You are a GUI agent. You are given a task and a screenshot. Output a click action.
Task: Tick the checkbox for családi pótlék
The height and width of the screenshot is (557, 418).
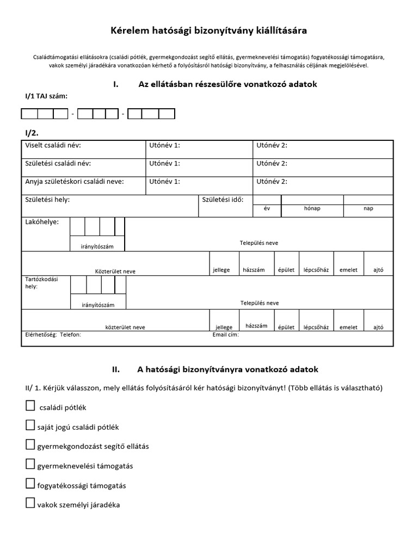point(30,406)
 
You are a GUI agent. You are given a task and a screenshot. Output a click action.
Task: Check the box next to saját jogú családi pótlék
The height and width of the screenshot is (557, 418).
point(30,425)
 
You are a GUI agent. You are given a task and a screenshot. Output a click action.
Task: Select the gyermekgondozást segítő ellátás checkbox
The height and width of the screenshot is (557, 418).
point(30,444)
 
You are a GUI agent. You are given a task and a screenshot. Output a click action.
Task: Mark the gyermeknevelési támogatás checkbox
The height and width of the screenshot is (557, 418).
point(30,464)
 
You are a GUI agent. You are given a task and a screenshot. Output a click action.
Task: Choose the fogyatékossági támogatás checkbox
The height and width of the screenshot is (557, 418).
point(30,484)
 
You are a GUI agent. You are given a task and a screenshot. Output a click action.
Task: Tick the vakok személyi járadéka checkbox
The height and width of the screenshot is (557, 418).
point(30,503)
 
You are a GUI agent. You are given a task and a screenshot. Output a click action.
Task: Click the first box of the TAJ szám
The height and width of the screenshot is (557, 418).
point(29,114)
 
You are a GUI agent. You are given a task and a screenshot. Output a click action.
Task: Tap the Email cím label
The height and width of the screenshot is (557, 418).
point(225,335)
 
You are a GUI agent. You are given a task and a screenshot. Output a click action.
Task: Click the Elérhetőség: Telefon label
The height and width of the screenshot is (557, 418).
point(53,335)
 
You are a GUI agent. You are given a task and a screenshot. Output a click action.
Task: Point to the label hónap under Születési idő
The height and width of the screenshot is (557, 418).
point(312,209)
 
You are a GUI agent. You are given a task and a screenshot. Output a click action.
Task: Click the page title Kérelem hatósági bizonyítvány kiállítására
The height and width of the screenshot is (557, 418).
point(209,31)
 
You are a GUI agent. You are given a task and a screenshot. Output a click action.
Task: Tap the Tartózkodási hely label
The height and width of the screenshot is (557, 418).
point(41,283)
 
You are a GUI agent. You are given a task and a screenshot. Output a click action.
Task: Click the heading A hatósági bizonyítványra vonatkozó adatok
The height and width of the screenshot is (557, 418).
point(227,369)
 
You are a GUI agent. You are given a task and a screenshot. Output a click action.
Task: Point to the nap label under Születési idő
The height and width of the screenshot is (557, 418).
point(368,209)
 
